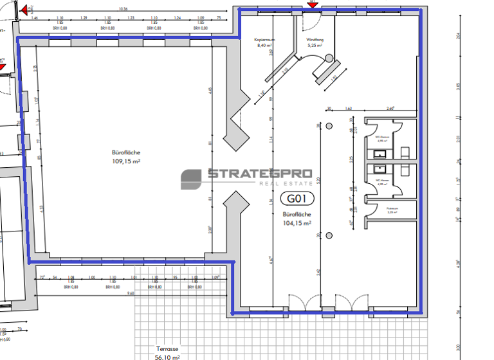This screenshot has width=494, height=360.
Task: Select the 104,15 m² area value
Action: coord(297,223)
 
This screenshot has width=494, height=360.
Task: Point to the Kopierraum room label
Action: coord(266,40)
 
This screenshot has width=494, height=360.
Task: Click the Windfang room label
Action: coord(315,40)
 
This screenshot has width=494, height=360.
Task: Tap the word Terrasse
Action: coord(167,349)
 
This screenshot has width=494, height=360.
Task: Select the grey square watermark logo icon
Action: coord(191,179)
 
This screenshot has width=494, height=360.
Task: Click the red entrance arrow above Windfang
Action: coord(313,3)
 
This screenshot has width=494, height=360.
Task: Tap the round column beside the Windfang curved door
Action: coord(329,59)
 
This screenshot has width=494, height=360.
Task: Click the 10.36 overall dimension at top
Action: coord(123,10)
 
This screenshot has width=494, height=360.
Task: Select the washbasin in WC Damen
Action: coord(380,153)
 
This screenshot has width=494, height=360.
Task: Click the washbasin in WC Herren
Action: coord(380,170)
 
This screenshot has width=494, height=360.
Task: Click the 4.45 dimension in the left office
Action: coord(210,91)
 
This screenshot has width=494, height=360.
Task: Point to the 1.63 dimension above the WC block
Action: coord(349,109)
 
